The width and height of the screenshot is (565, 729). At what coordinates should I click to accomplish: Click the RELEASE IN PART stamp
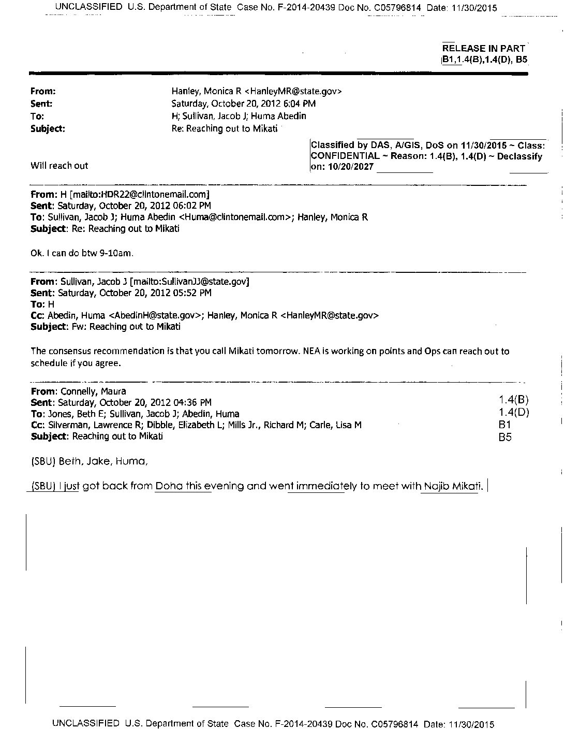click(483, 48)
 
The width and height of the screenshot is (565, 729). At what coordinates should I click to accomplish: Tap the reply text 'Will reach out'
click(59, 166)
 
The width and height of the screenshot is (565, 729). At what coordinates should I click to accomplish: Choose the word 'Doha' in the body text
click(170, 487)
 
